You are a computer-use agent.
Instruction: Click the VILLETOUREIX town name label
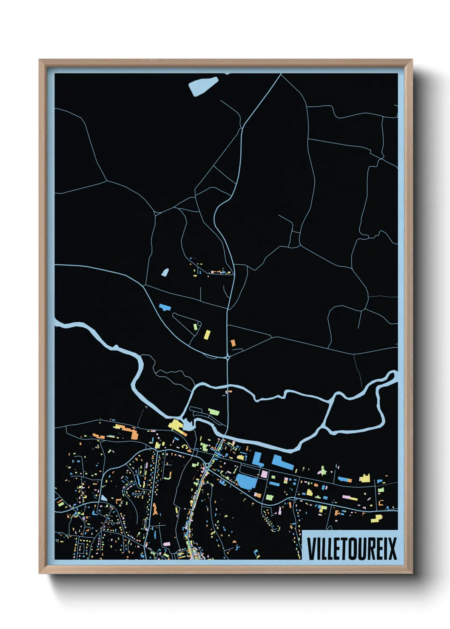pos(351,548)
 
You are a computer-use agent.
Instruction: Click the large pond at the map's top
pos(203,86)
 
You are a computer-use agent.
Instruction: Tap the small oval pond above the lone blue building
pos(165,272)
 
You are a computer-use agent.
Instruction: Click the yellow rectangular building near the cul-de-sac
pos(207,334)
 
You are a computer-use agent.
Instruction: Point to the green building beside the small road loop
pos(196,327)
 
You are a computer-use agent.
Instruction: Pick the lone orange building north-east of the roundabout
pos(233,343)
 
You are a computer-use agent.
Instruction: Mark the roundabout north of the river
pos(228,358)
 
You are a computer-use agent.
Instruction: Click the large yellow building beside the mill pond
pos(176,425)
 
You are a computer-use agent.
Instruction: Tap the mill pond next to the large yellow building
pos(187,425)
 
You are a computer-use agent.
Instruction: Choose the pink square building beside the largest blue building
pos(264,473)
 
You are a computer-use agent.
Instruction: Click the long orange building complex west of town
pos(127,432)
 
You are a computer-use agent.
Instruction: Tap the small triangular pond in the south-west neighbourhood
pos(103,498)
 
